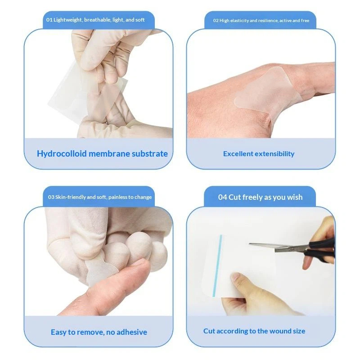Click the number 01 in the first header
pyautogui.click(x=49, y=20)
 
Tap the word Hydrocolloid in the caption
pyautogui.click(x=62, y=153)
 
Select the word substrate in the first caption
pyautogui.click(x=150, y=153)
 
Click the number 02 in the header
pyautogui.click(x=216, y=20)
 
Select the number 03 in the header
pyautogui.click(x=51, y=197)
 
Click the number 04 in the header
pyautogui.click(x=222, y=197)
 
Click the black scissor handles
pyautogui.click(x=320, y=250)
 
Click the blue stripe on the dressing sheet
pyautogui.click(x=217, y=265)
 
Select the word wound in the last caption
pyautogui.click(x=276, y=331)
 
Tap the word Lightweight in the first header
pyautogui.click(x=68, y=20)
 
